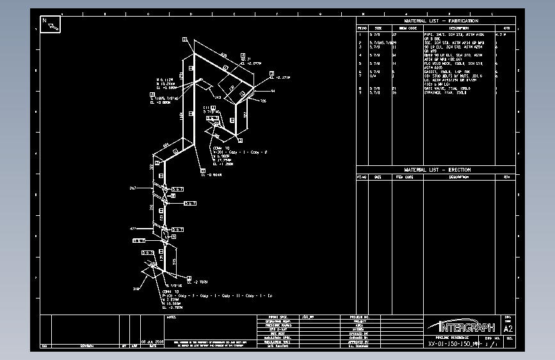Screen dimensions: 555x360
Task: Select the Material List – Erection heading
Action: pyautogui.click(x=436, y=170)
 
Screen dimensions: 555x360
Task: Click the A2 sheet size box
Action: pyautogui.click(x=508, y=329)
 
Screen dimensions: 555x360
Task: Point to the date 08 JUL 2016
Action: pyautogui.click(x=153, y=342)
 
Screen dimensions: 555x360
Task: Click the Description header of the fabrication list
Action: pyautogui.click(x=458, y=28)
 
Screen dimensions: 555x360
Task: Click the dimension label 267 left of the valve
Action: pyautogui.click(x=133, y=188)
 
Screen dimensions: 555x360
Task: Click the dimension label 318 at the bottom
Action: pyautogui.click(x=136, y=289)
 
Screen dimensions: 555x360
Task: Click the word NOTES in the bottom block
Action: pyautogui.click(x=170, y=317)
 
